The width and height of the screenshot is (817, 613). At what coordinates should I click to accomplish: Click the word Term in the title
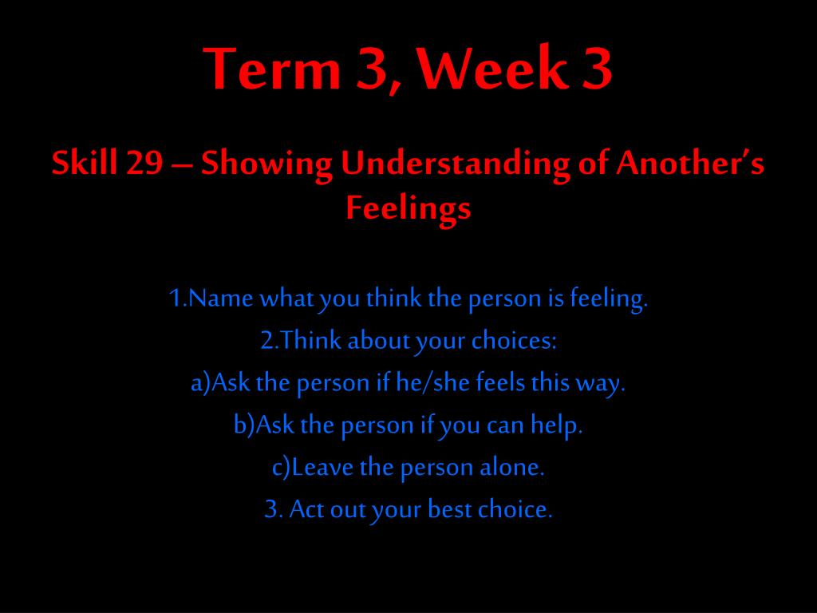[273, 69]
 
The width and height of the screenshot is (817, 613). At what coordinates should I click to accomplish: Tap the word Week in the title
[492, 69]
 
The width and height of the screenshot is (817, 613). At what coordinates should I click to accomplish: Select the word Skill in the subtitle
[84, 162]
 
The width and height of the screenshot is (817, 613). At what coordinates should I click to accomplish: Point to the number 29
[144, 163]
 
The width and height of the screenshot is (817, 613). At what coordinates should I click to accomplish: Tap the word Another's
[689, 162]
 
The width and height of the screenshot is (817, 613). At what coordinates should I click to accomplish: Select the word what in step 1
[287, 299]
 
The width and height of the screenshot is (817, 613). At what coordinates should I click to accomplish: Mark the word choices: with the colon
[515, 341]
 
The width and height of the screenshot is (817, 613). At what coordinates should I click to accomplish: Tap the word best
[449, 508]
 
